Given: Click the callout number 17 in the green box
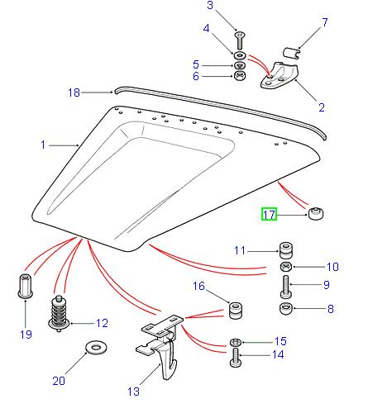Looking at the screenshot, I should coord(269,215).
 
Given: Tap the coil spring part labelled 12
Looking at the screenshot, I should coord(60,312).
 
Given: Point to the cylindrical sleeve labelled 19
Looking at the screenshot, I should coord(24,286).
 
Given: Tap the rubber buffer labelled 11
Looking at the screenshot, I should coord(285,249).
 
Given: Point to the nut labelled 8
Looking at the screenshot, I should coord(285,311).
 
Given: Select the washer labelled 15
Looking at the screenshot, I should coord(234,341).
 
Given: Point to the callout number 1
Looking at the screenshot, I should coord(44,145).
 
